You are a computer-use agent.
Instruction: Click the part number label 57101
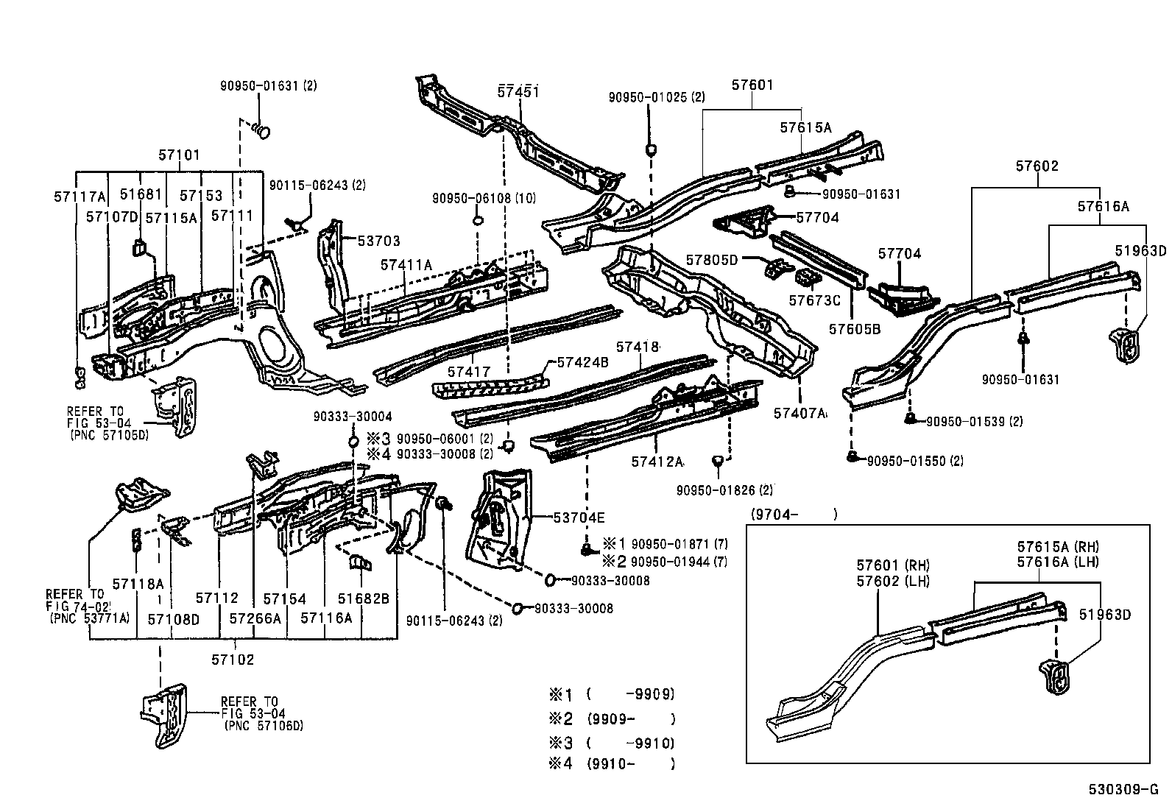(179, 155)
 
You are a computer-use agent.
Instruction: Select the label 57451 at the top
(519, 91)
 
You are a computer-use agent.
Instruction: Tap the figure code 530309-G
(1128, 790)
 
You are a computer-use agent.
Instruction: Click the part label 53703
(379, 241)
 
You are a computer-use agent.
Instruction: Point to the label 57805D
(711, 259)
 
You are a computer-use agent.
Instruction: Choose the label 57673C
(814, 300)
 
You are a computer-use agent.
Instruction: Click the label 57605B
(854, 329)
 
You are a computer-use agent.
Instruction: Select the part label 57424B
(582, 362)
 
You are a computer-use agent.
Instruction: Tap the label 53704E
(579, 517)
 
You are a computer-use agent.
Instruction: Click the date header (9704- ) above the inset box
(794, 515)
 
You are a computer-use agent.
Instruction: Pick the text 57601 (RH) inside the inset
(893, 565)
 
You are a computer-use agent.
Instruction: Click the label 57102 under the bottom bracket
(233, 660)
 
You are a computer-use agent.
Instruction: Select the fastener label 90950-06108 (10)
(484, 198)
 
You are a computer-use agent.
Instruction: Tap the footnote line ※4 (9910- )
(611, 764)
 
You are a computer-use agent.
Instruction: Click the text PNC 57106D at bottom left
(263, 726)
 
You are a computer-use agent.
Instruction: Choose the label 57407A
(800, 413)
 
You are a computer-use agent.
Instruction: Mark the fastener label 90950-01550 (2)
(915, 461)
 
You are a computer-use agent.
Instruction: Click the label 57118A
(138, 584)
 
